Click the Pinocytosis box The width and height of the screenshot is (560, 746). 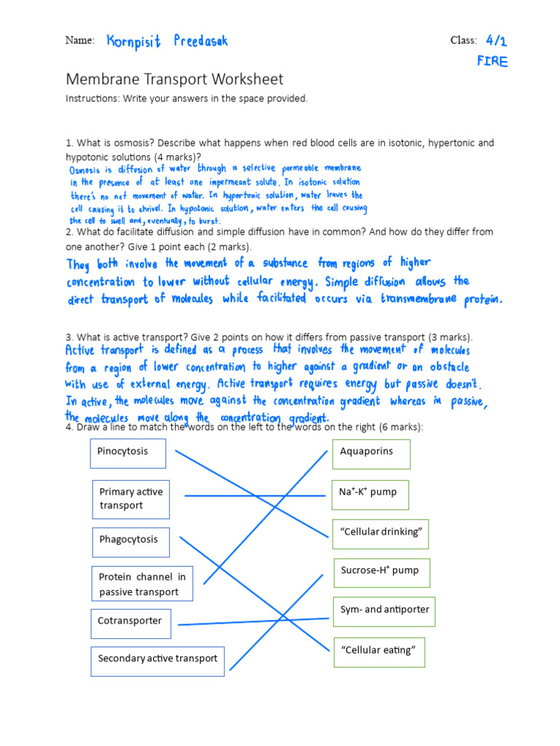128,453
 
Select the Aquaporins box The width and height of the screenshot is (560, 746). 371,454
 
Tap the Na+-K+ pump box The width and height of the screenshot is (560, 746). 370,494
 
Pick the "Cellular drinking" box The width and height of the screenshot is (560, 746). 380,533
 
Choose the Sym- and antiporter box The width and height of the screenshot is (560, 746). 384,610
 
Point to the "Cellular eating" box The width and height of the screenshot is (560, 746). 378,651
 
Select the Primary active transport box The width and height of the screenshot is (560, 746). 131,499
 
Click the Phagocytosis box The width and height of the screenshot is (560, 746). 131,541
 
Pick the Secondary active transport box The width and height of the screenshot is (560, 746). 157,659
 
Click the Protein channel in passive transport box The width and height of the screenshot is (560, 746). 142,584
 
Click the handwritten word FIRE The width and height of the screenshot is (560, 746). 492,61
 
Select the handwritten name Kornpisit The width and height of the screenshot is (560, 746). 133,41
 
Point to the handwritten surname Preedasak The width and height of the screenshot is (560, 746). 201,41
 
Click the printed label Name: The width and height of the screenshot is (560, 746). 79,41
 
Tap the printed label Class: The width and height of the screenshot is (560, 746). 464,41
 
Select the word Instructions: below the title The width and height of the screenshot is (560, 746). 93,98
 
